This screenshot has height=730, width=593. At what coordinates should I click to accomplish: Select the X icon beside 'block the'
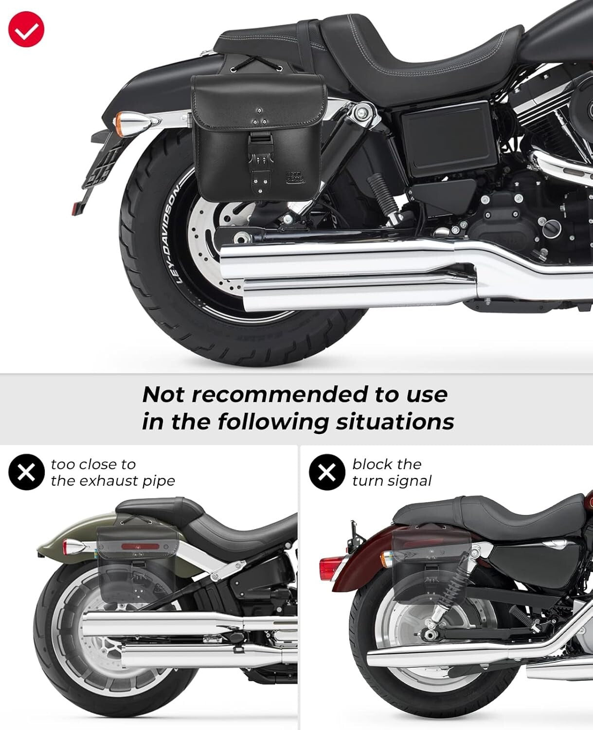327,472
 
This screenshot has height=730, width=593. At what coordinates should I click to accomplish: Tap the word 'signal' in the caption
408,481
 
